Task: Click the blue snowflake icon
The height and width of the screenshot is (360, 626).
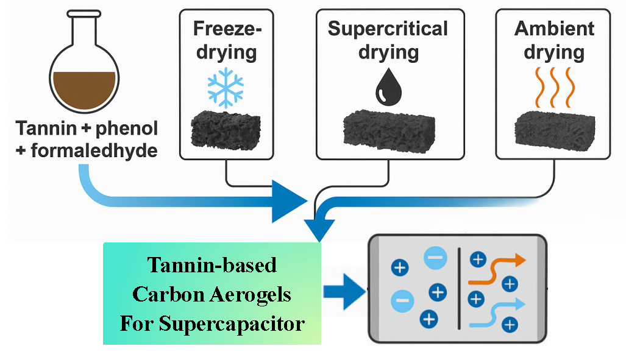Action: (226, 87)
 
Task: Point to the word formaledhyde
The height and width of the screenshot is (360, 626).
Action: (95, 150)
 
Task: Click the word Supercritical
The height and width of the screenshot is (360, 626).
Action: (388, 29)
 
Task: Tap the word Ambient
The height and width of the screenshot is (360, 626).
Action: (554, 29)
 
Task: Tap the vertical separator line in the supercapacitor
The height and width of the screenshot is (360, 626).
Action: (458, 286)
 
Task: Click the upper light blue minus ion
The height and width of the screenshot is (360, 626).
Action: (435, 259)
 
